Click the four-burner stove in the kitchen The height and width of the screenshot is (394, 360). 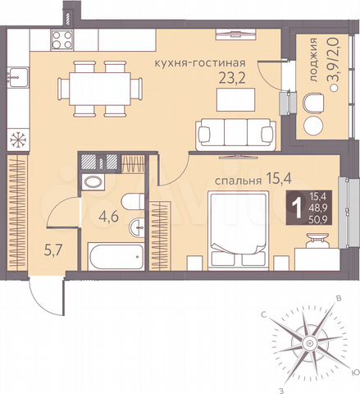coord(62,38)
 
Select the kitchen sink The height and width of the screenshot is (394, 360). coord(14,78)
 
